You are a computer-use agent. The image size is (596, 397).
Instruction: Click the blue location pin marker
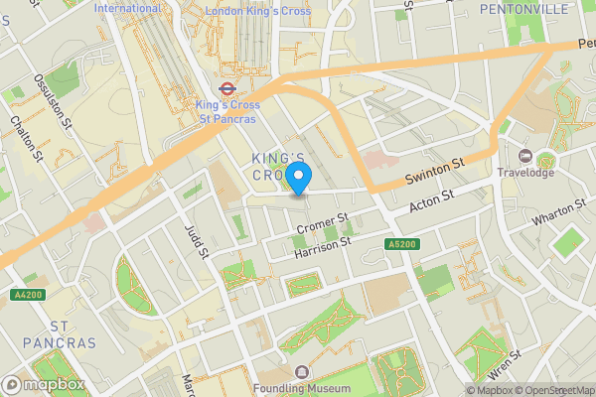pos(298,177)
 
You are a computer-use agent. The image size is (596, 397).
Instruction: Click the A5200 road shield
pos(403,244)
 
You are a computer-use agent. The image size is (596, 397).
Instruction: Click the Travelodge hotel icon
pos(525,156)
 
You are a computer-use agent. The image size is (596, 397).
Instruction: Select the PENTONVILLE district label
pos(523,9)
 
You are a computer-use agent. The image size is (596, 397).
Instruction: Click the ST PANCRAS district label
pos(59,333)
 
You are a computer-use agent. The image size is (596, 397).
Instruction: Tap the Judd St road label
pos(195,238)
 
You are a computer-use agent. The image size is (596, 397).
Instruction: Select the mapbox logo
pos(44,384)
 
